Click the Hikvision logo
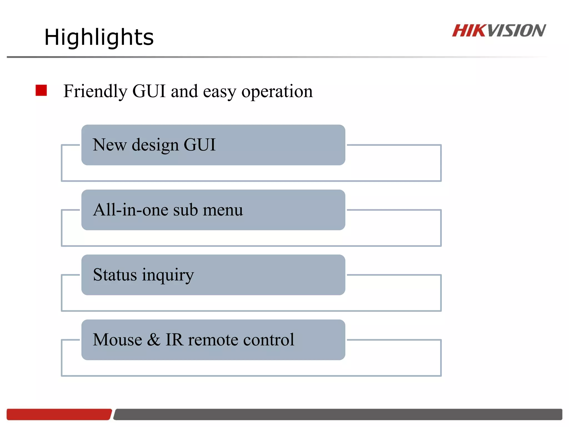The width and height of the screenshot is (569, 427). pos(499,31)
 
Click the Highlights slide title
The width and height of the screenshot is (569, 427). pos(99,37)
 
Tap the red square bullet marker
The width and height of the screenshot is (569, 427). pos(41,90)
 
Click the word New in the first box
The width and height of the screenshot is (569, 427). pos(109,145)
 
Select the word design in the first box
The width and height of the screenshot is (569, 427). pos(155,145)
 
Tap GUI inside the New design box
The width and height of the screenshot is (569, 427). pos(199,145)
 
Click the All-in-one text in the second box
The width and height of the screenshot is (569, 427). pos(130,210)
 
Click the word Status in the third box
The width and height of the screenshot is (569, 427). pos(115,275)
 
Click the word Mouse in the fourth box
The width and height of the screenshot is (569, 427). pos(117,340)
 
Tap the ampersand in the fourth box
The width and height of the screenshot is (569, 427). pos(154,340)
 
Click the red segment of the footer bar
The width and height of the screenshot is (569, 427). pos(58,414)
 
